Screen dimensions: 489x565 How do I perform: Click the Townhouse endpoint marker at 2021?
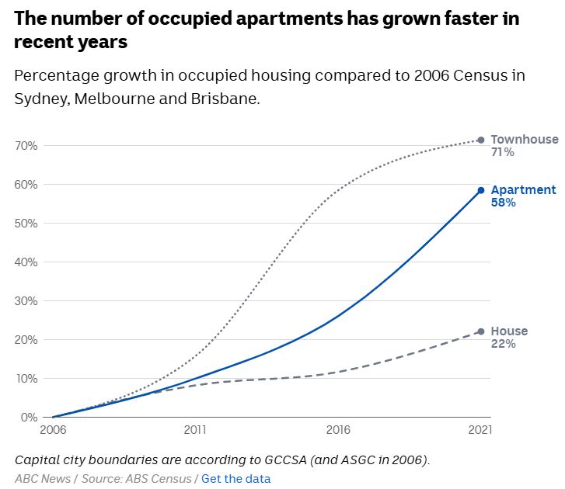click(481, 140)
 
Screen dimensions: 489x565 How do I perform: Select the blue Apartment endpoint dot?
click(481, 190)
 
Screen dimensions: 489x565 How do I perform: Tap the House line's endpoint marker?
click(481, 331)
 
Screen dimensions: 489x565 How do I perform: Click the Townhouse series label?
click(524, 140)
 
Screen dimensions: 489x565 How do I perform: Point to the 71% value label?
click(502, 152)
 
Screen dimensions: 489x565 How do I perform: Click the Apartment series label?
click(523, 190)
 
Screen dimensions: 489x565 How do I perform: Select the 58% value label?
click(503, 203)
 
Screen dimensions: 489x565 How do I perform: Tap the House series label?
click(509, 331)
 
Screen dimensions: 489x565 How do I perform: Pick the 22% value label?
click(503, 344)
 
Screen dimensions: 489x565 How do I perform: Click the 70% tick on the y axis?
click(26, 146)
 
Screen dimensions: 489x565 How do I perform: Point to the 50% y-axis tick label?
click(26, 224)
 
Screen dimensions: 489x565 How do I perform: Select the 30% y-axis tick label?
click(26, 301)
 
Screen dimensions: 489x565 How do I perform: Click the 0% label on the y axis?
click(29, 418)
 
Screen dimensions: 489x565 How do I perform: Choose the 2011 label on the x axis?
click(195, 429)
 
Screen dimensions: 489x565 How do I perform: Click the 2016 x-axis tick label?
click(338, 429)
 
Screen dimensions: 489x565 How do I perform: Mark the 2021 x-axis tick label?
click(479, 429)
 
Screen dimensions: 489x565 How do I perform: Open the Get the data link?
click(236, 479)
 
